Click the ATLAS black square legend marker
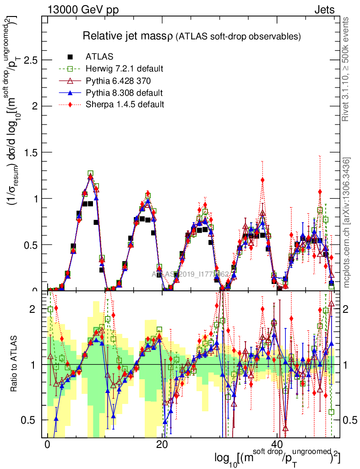pyautogui.click(x=71, y=57)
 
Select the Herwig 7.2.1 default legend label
pyautogui.click(x=124, y=69)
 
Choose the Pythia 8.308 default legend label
pyautogui.click(x=124, y=93)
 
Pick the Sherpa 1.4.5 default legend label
pyautogui.click(x=125, y=104)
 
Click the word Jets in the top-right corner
pyautogui.click(x=324, y=10)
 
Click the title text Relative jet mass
pyautogui.click(x=126, y=36)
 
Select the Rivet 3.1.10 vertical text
pyautogui.click(x=346, y=69)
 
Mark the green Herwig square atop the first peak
pyautogui.click(x=91, y=174)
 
